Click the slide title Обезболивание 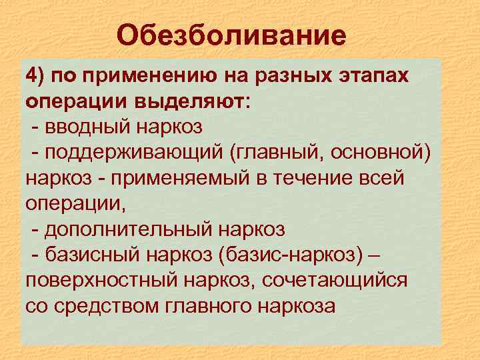click(x=231, y=35)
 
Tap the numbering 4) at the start click(x=37, y=75)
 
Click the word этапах click(x=375, y=75)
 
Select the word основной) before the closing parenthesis click(x=381, y=153)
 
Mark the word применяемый click(x=170, y=179)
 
